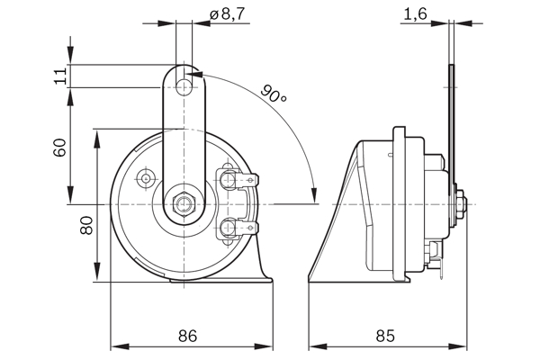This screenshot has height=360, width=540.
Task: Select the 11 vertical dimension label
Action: click(x=60, y=76)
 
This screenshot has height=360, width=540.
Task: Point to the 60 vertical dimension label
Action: click(x=60, y=147)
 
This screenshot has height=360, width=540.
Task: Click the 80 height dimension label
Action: click(x=86, y=224)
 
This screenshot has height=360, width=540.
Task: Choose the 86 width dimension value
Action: click(x=187, y=336)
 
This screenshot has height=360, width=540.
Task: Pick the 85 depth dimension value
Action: click(x=384, y=336)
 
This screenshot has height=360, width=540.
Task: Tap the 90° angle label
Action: click(x=274, y=93)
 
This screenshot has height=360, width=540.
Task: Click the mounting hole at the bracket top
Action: click(x=184, y=86)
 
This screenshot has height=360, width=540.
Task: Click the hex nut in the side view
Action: click(x=460, y=204)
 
